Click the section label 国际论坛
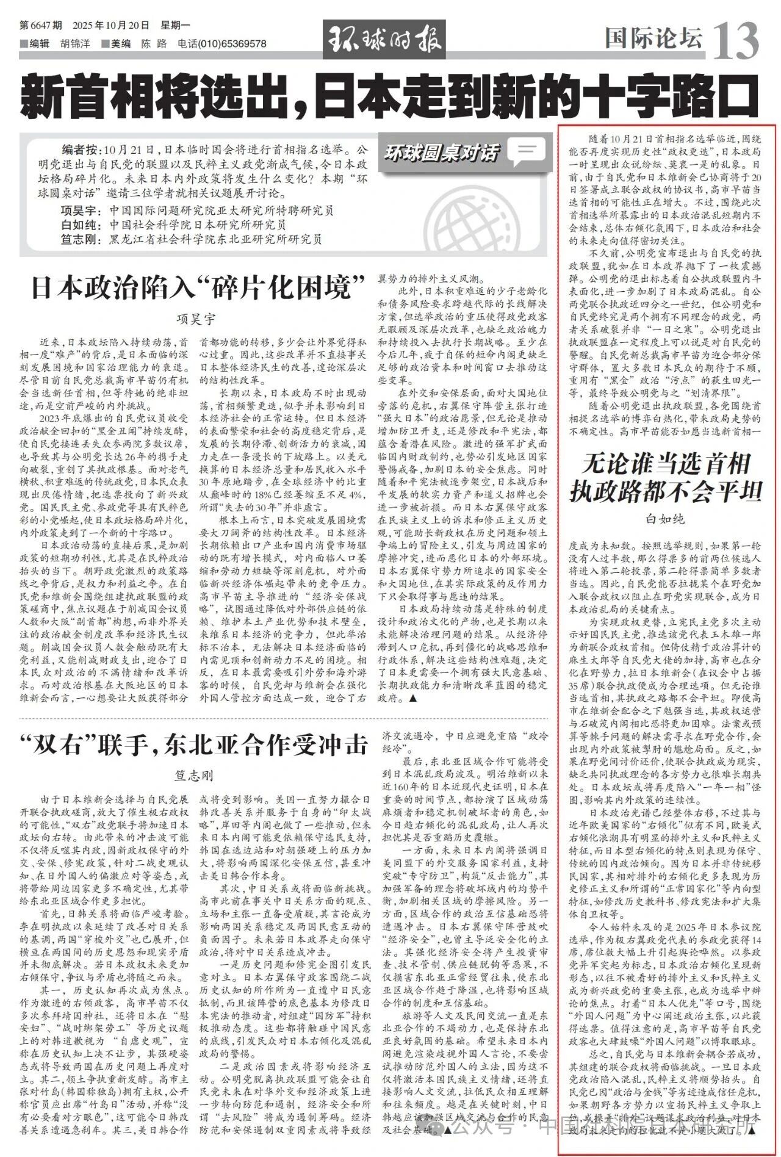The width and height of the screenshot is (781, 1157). click(653, 39)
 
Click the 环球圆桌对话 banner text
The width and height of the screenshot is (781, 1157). click(441, 153)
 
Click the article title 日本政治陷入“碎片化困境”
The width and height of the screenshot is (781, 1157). click(198, 287)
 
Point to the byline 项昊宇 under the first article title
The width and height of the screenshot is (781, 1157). click(196, 318)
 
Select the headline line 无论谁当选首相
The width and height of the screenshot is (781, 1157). click(665, 464)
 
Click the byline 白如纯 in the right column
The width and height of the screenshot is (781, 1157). click(665, 519)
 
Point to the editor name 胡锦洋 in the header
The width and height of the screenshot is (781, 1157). click(73, 44)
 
